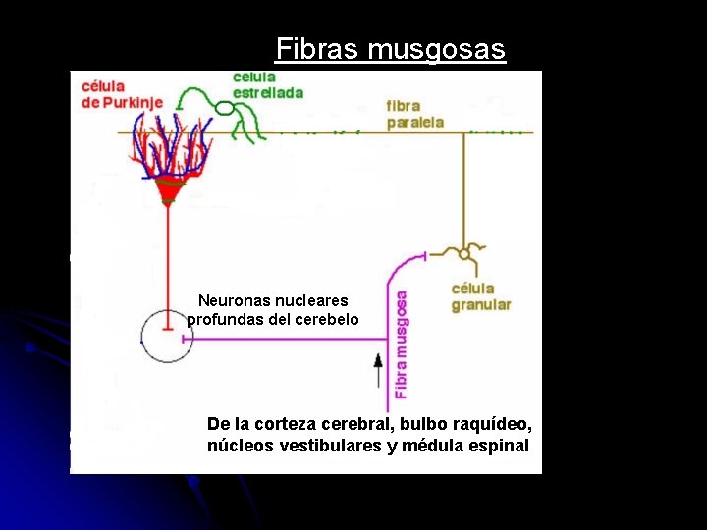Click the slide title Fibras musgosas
390,49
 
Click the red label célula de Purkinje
118,94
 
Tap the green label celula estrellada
267,84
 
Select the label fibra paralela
415,114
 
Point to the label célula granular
480,296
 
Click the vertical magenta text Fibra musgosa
401,343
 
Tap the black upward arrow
378,371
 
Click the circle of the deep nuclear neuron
167,335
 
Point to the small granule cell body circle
464,253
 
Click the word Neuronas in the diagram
235,300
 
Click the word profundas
223,320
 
